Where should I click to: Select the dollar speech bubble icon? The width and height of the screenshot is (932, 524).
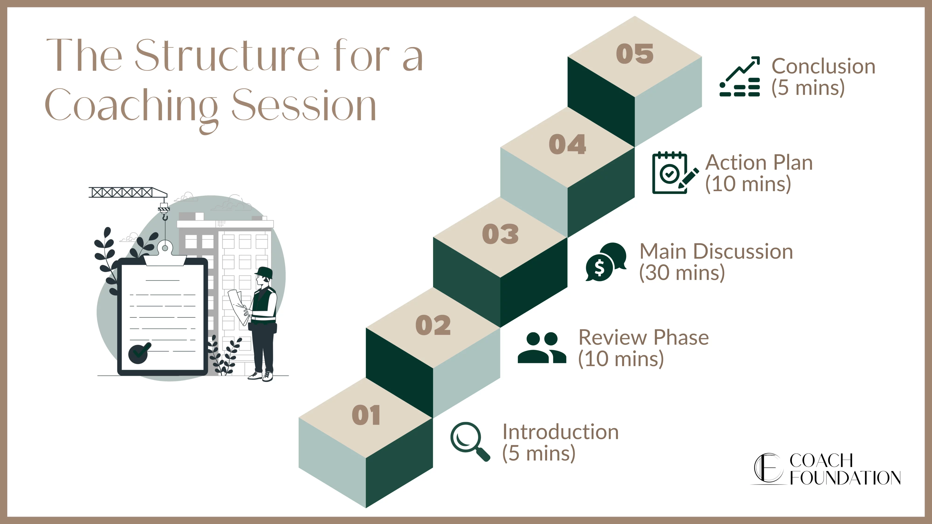(x=606, y=262)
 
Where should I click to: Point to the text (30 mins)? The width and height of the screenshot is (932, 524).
(x=682, y=273)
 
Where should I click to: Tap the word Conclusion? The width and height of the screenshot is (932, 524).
(x=823, y=67)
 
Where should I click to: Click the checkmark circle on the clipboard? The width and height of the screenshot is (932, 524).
(x=139, y=353)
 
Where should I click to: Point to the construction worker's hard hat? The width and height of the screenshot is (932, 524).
(x=264, y=272)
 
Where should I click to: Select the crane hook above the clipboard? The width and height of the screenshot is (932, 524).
(x=165, y=217)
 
